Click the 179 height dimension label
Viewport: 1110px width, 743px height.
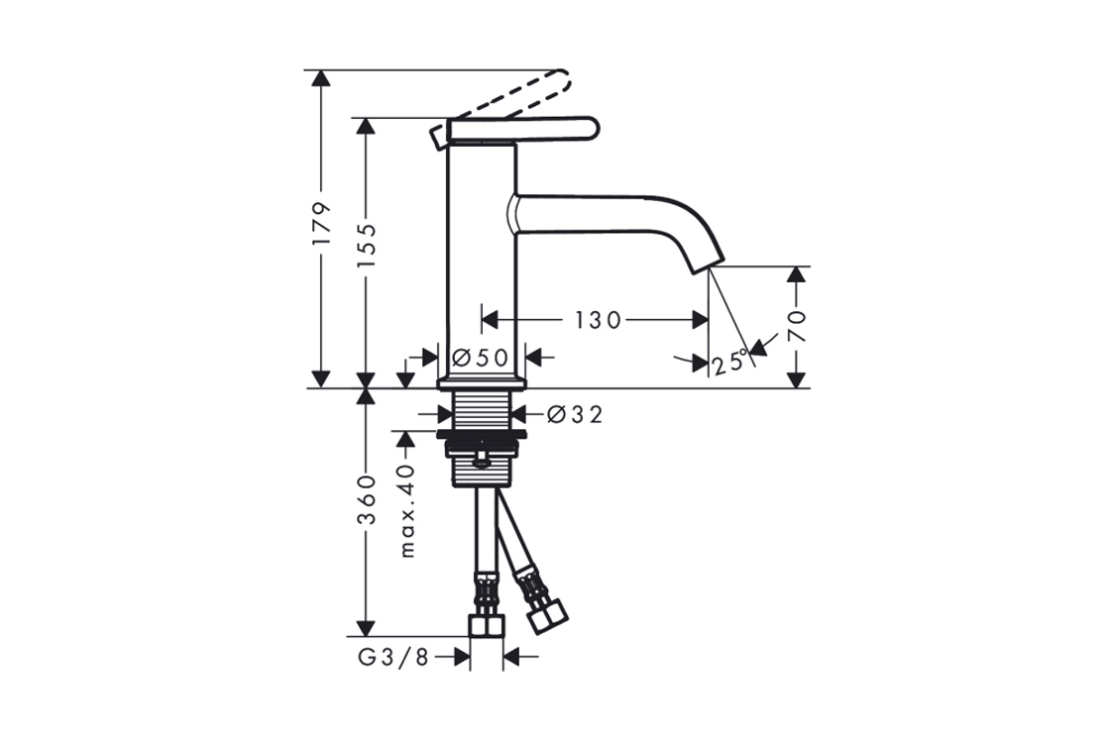[322, 224]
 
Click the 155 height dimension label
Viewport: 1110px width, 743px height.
[366, 245]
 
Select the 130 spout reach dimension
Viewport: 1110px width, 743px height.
[597, 321]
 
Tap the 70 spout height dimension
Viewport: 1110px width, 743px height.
[798, 326]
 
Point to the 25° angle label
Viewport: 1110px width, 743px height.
[729, 363]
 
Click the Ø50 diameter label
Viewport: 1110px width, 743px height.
[480, 358]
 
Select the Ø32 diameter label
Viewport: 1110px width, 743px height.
[575, 414]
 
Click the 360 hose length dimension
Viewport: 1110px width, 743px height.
[366, 500]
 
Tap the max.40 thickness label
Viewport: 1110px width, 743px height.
[406, 510]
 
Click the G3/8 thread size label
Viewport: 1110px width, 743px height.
[393, 658]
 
